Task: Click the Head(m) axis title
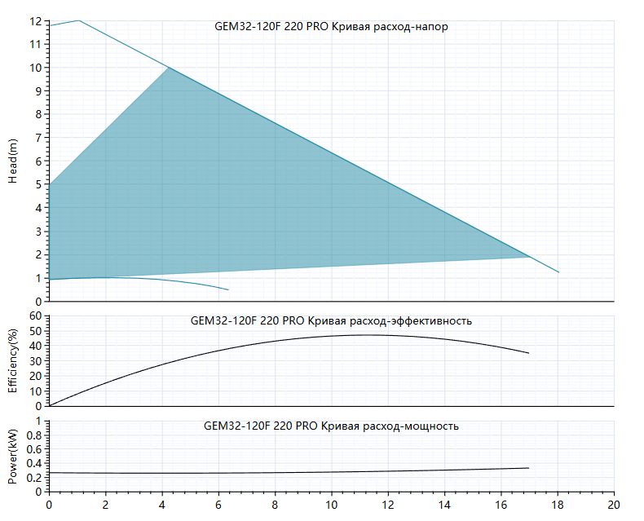13,161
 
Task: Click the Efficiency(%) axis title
13,360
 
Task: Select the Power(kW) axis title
13,457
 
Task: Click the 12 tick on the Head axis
36,21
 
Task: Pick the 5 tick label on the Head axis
38,184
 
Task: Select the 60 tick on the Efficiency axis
36,316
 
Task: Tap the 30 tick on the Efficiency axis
36,361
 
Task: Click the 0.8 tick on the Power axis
34,435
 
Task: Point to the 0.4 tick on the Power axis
34,463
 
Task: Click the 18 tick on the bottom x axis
558,505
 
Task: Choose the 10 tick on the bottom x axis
332,505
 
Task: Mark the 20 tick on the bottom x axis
614,505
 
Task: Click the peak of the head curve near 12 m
78,20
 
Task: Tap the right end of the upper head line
558,272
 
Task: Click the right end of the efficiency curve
528,353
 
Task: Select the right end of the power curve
528,468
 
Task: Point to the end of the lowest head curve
228,290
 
